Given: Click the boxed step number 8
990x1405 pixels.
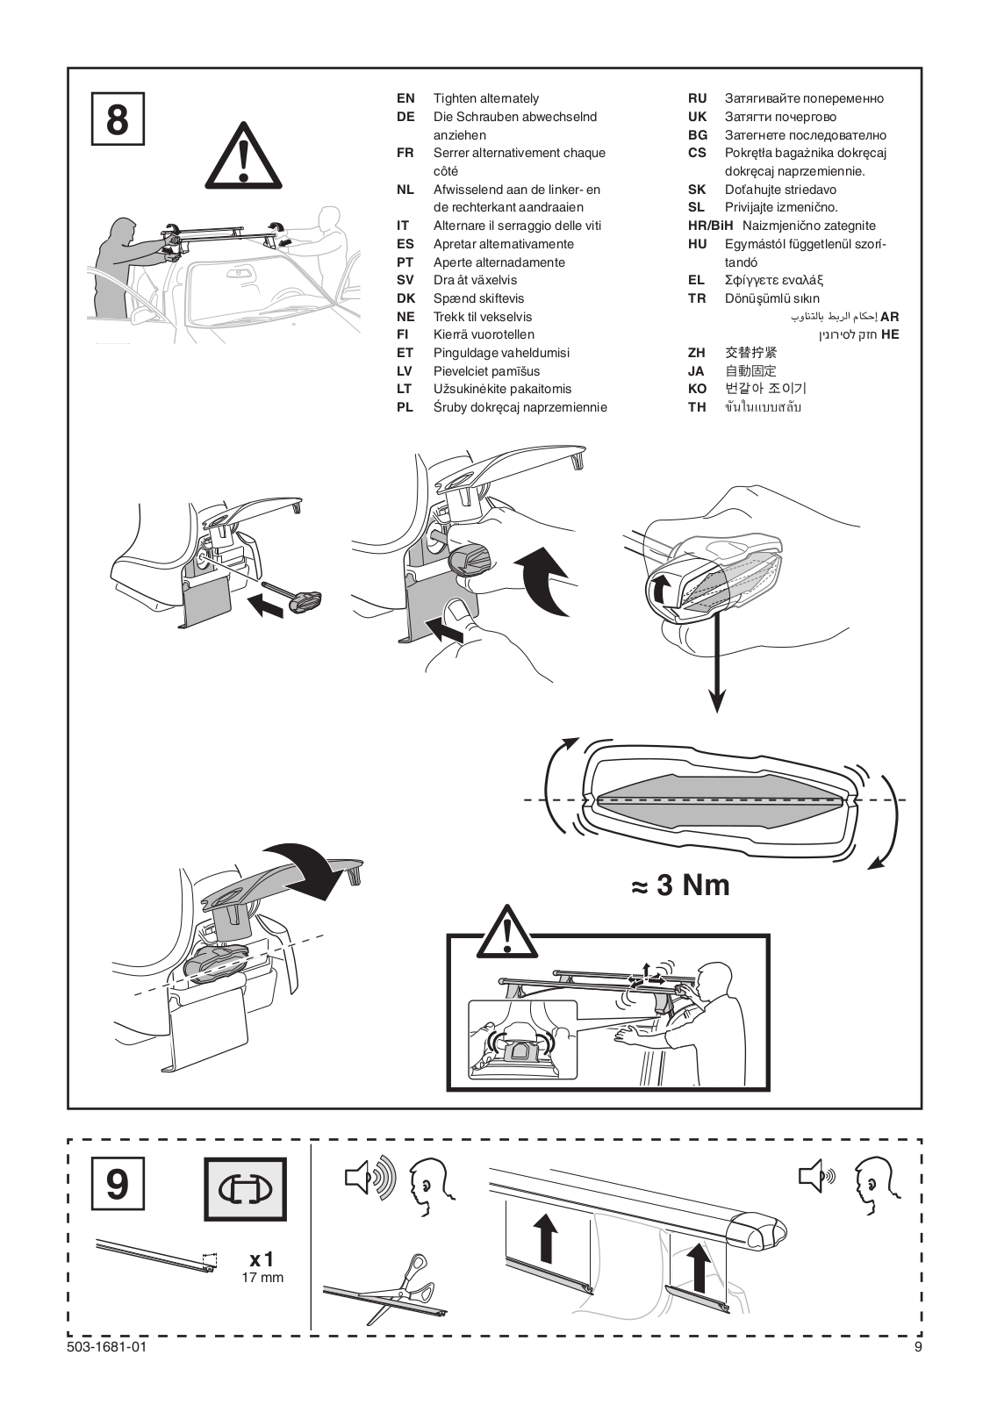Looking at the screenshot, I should pyautogui.click(x=118, y=119).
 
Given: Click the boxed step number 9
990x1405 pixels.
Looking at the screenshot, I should pyautogui.click(x=118, y=1184).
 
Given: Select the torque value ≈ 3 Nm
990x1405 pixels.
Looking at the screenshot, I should pyautogui.click(x=680, y=885).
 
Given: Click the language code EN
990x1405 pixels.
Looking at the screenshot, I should pyautogui.click(x=405, y=98).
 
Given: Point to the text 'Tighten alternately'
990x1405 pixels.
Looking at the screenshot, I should pyautogui.click(x=486, y=98).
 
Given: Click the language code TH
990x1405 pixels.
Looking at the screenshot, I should pyautogui.click(x=697, y=407).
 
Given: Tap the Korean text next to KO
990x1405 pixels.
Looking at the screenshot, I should pyautogui.click(x=765, y=389).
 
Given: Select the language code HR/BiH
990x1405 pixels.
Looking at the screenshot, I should pyautogui.click(x=710, y=226).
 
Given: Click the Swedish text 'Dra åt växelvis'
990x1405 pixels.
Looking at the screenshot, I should pyautogui.click(x=475, y=280).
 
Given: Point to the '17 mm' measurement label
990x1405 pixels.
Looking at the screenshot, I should pyautogui.click(x=262, y=1278).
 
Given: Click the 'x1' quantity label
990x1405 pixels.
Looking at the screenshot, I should pyautogui.click(x=262, y=1260).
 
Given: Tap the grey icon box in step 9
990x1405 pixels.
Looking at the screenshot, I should pyautogui.click(x=245, y=1189).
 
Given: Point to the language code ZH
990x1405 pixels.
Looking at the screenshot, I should pyautogui.click(x=697, y=353).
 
